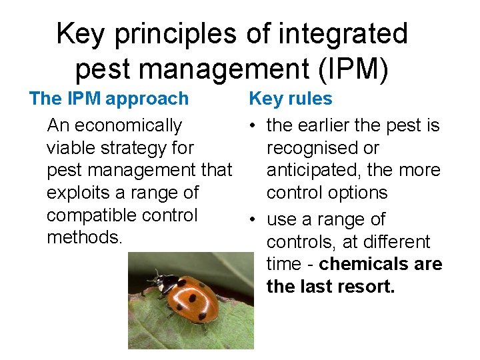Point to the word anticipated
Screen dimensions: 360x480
point(313,170)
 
